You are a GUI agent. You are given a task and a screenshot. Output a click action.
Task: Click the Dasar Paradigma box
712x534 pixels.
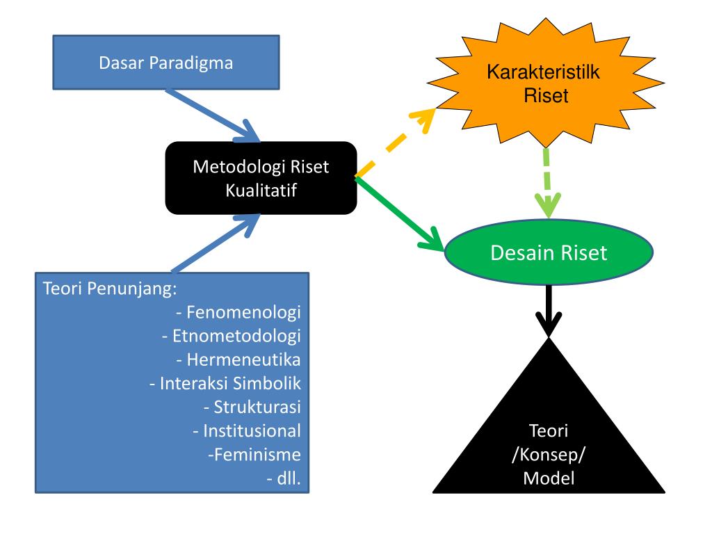pos(166,63)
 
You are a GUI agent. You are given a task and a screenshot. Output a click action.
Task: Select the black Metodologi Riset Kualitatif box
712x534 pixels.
pos(261,178)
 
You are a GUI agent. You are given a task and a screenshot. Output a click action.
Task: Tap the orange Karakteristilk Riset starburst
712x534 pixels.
pos(546,83)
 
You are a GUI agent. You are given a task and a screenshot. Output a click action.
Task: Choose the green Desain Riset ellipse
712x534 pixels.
pos(549,252)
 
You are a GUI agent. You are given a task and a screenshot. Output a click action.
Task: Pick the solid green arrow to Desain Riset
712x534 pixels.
pos(402,214)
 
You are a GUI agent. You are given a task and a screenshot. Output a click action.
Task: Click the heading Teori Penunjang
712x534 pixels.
pos(108,288)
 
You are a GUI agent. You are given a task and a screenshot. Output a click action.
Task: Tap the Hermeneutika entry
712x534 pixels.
pos(243,359)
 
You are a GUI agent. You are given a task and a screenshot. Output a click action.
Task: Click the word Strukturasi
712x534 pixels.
pos(256,407)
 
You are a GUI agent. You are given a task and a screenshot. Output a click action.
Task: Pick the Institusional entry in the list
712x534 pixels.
pos(251,430)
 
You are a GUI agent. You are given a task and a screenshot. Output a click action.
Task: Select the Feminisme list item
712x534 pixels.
pos(254,454)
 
